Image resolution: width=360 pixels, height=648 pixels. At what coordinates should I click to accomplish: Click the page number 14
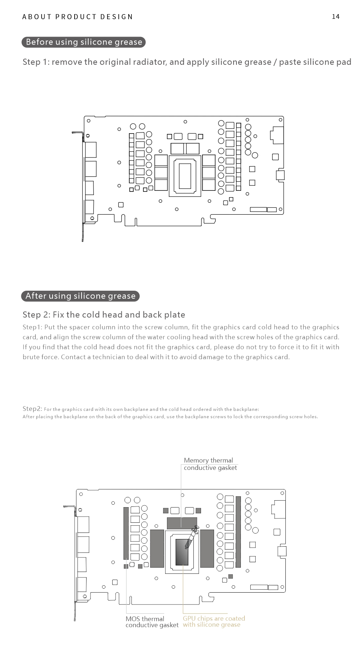pyautogui.click(x=335, y=17)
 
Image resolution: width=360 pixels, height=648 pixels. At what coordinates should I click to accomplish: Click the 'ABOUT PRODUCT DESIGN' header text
pyautogui.click(x=78, y=17)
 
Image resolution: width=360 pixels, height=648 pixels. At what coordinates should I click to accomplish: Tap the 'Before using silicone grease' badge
pyautogui.click(x=84, y=42)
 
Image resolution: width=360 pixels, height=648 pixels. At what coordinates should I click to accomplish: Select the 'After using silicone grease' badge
pyautogui.click(x=80, y=296)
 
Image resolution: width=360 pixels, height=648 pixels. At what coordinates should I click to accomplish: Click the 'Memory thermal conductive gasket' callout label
pyautogui.click(x=210, y=464)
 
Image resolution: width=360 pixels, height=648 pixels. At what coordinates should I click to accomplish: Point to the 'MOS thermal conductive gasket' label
pyautogui.click(x=152, y=622)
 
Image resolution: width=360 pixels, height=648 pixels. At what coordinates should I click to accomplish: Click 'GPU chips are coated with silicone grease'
pyautogui.click(x=214, y=622)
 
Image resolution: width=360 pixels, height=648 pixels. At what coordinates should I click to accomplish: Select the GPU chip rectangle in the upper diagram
pyautogui.click(x=185, y=176)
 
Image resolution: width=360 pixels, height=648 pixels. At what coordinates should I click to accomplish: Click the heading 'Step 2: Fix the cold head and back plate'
pyautogui.click(x=104, y=315)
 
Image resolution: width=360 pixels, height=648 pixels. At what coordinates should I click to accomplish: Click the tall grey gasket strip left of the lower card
pyautogui.click(x=126, y=533)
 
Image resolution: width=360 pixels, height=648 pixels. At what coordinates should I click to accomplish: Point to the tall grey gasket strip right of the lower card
pyautogui.click(x=238, y=531)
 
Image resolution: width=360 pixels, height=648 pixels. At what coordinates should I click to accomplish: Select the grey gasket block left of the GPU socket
pyautogui.click(x=157, y=548)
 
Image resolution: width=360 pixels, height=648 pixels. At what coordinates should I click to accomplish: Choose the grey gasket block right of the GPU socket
pyautogui.click(x=207, y=548)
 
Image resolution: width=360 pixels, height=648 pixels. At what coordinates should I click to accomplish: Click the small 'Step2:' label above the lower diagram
pyautogui.click(x=32, y=409)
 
